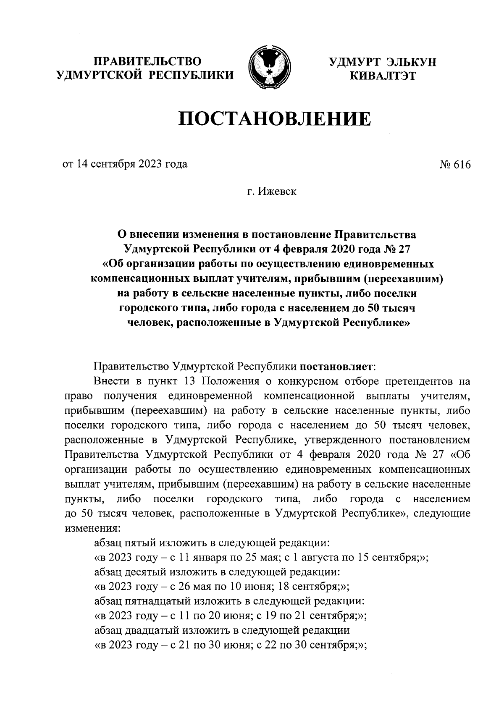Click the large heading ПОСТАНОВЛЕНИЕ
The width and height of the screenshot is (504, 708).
(x=275, y=119)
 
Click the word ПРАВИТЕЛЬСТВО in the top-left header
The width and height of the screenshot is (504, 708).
(x=147, y=62)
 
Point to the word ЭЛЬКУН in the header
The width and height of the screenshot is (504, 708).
(x=410, y=62)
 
